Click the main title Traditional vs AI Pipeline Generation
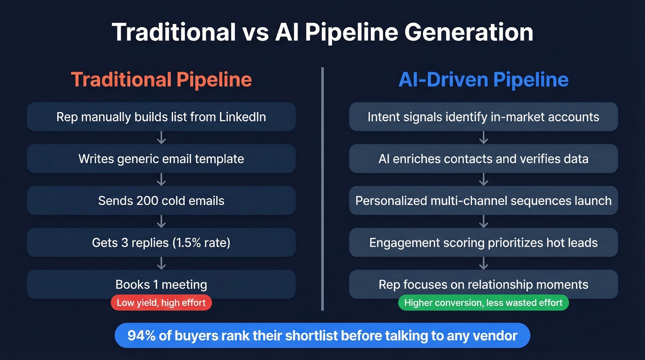322,32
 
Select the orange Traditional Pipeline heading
161,79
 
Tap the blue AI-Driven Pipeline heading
483,79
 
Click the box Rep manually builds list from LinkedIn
161,117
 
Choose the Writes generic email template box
161,159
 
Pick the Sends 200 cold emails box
161,201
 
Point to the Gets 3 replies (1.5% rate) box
161,242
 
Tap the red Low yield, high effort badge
161,303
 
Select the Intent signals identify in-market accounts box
483,117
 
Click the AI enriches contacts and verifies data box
483,159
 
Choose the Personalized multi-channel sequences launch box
483,201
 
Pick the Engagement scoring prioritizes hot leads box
483,242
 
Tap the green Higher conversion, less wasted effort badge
483,303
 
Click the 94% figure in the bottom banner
141,335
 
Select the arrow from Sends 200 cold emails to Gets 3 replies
161,222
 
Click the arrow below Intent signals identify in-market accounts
483,137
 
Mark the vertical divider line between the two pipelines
322,189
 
